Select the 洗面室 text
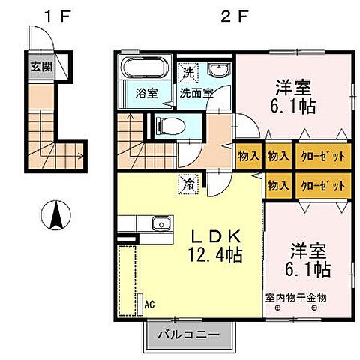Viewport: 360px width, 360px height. (196, 94)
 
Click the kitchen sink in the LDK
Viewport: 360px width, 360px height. (160, 224)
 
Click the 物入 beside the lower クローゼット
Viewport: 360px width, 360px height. (277, 184)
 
